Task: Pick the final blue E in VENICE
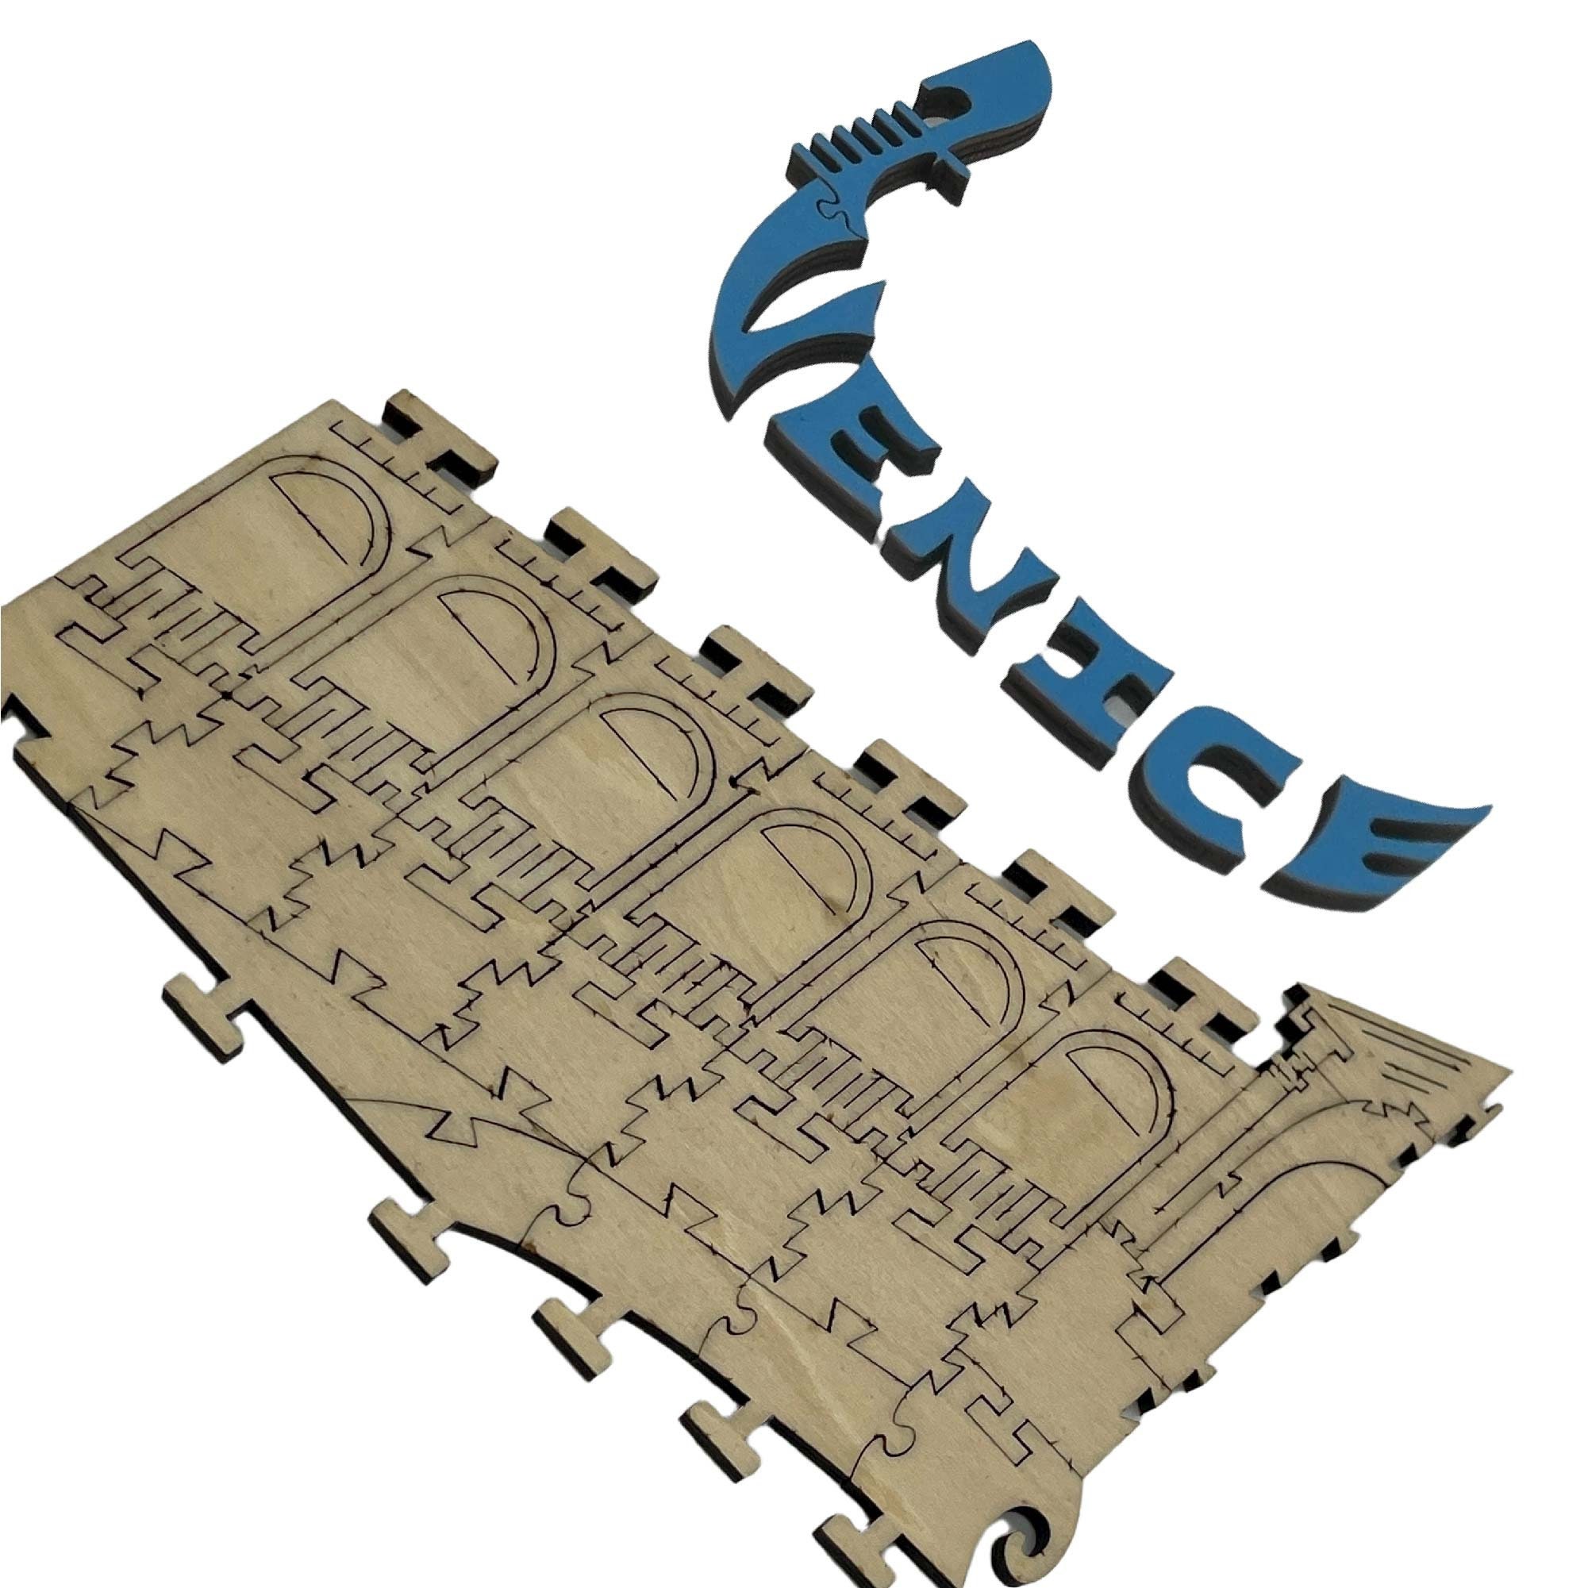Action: (x=1389, y=855)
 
